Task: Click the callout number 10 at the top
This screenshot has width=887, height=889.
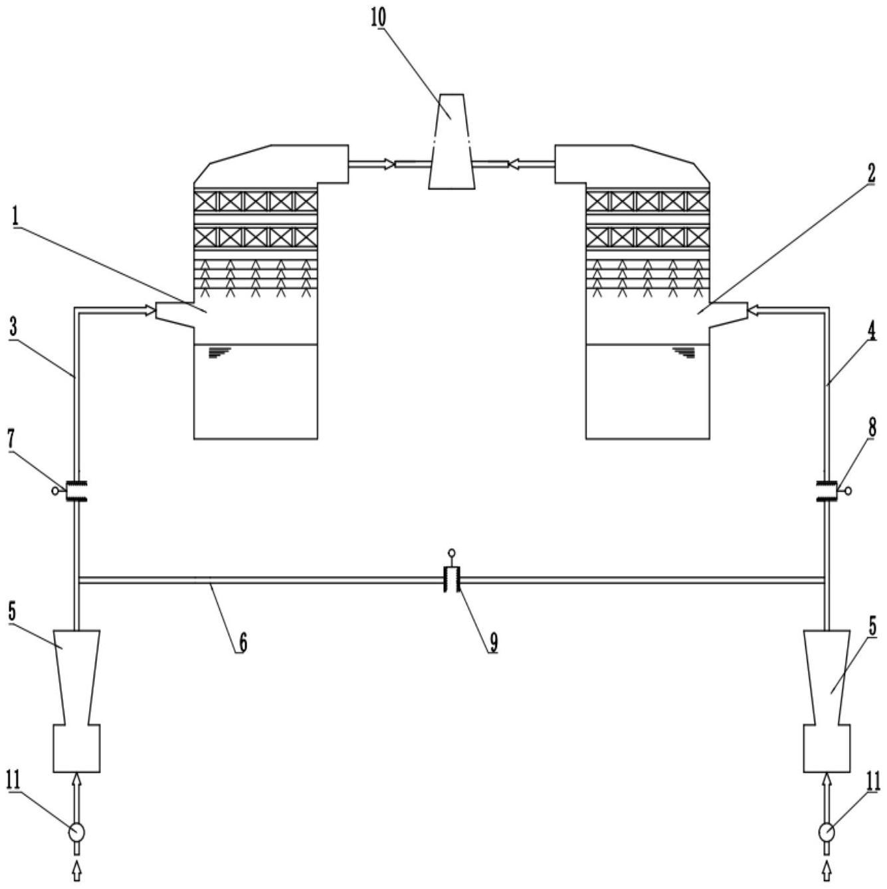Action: (x=379, y=17)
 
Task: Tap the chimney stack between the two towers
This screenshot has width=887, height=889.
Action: (x=452, y=142)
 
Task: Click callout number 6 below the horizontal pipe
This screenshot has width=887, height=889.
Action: (x=243, y=642)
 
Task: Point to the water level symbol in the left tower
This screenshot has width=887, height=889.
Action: (x=219, y=352)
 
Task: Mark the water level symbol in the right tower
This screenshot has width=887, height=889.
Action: (x=684, y=352)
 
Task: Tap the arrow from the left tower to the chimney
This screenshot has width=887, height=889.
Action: (x=371, y=163)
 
